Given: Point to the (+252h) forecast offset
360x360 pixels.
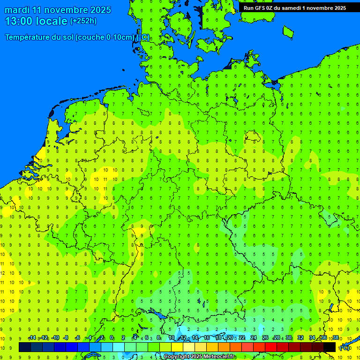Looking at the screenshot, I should point(83,21).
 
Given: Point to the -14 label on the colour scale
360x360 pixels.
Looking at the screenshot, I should point(32,338).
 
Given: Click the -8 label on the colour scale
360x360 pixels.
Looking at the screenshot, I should point(66,338).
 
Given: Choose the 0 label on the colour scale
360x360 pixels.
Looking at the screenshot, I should point(112,338).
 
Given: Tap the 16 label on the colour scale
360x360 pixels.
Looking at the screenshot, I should point(207,338).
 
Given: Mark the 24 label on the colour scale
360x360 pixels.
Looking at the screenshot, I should point(254,338).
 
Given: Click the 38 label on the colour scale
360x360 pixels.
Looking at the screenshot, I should point(335,338).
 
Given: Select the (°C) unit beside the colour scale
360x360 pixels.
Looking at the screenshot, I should point(345,348).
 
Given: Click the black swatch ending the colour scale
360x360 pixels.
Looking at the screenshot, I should point(330,347).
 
